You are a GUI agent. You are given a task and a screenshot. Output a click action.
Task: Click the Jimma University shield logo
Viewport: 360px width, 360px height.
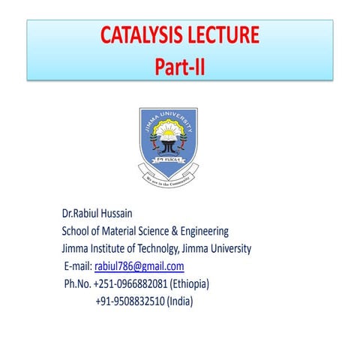[x=169, y=139]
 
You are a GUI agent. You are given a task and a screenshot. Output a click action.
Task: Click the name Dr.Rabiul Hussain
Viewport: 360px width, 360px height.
[x=106, y=212]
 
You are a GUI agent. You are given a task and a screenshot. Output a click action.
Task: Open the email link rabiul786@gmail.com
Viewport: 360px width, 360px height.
[x=139, y=266]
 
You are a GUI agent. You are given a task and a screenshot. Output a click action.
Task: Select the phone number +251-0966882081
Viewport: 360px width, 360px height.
[x=130, y=284]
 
